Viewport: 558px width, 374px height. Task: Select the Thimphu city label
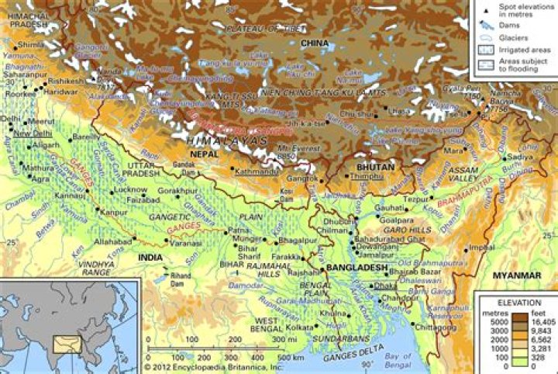point(367,177)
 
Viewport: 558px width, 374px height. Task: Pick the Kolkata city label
point(298,327)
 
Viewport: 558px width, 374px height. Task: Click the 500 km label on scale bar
point(290,357)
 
